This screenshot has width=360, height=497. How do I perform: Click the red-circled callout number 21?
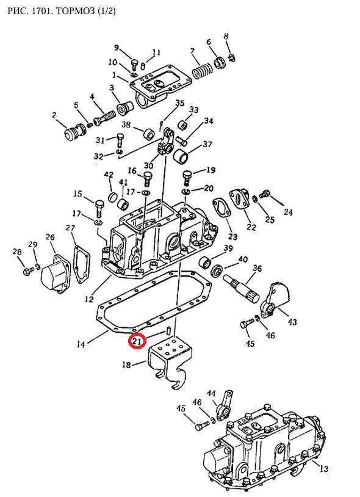coord(137,341)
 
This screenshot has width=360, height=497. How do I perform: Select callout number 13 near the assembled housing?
coord(323,469)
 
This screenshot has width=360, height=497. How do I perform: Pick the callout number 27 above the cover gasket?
coord(70,228)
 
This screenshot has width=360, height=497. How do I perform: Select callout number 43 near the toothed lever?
coord(292,322)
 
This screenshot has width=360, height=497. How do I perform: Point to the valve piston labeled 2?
coord(74,131)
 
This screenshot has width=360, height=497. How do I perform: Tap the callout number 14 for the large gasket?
coord(81,344)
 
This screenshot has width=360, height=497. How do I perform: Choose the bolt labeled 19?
coord(187,178)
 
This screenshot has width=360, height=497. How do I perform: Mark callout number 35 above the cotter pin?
coord(179,103)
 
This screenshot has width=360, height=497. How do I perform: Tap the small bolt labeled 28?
coord(28,271)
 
